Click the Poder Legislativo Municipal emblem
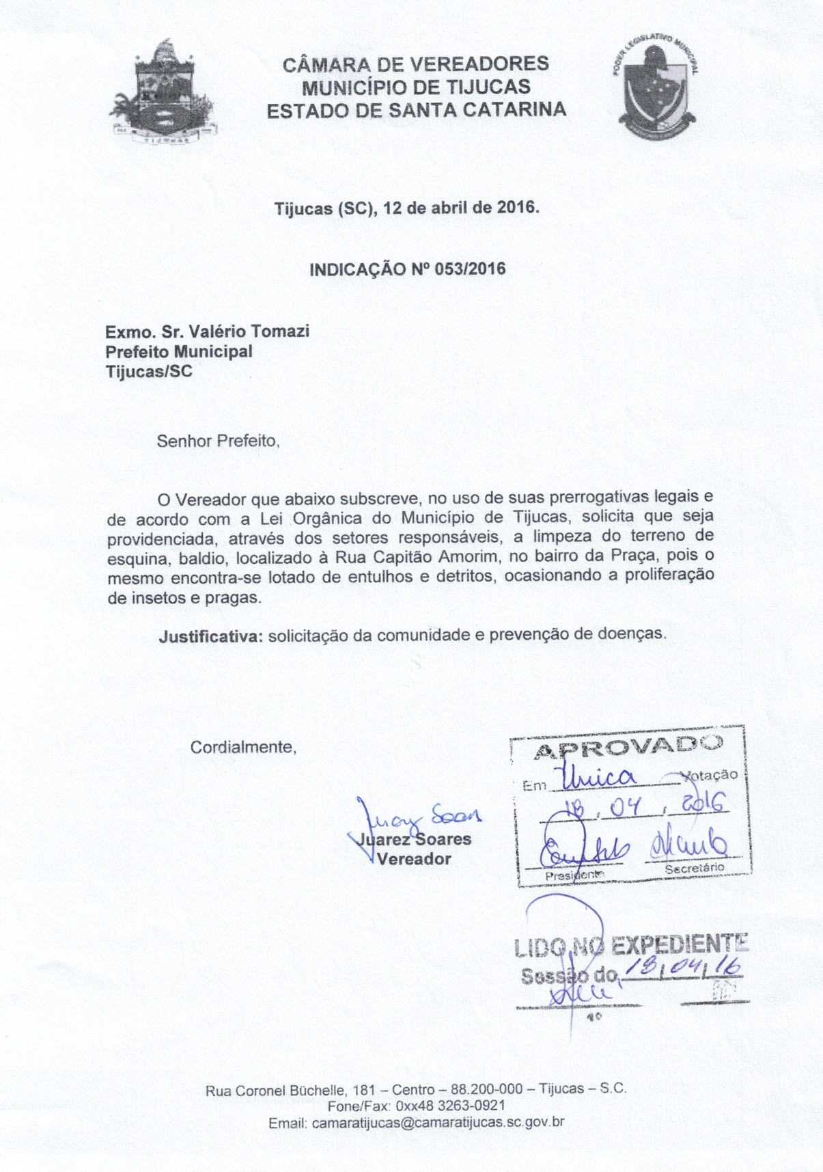point(658,88)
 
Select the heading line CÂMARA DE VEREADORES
point(415,64)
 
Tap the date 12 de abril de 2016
point(462,208)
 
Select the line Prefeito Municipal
point(178,351)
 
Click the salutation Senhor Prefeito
point(218,441)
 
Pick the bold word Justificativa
point(210,635)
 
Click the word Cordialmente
point(243,747)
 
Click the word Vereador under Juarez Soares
point(414,859)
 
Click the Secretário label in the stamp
point(695,868)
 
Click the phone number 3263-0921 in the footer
point(472,1106)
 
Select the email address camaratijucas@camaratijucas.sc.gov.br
point(437,1123)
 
